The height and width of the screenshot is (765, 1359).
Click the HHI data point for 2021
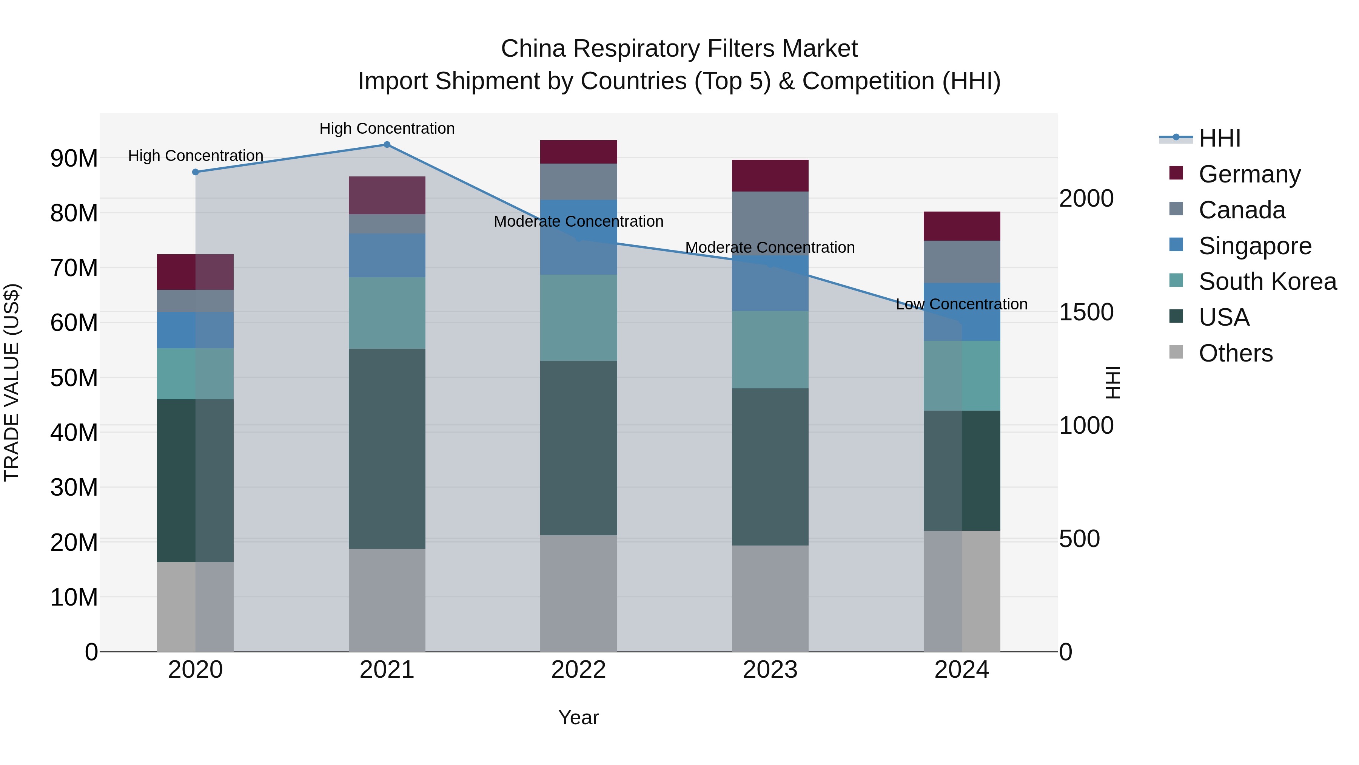[x=387, y=145]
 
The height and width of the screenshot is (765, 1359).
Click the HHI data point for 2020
[x=195, y=172]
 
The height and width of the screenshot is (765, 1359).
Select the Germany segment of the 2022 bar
[x=578, y=152]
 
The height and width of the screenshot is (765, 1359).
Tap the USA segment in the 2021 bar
[x=387, y=449]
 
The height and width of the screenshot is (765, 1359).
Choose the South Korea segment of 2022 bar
[x=578, y=318]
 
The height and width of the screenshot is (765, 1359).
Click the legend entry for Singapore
[x=1254, y=246]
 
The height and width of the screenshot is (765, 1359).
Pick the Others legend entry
[x=1235, y=353]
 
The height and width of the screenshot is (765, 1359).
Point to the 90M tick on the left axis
[x=74, y=158]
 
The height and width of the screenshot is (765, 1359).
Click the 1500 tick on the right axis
[x=1086, y=312]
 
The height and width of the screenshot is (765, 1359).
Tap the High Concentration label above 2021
[x=387, y=128]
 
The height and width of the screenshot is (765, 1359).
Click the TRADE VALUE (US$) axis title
[x=12, y=382]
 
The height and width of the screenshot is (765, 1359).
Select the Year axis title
[x=578, y=717]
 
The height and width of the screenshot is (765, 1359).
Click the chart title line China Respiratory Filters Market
[x=679, y=49]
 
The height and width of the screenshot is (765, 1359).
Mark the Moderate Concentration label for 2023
[x=770, y=247]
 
